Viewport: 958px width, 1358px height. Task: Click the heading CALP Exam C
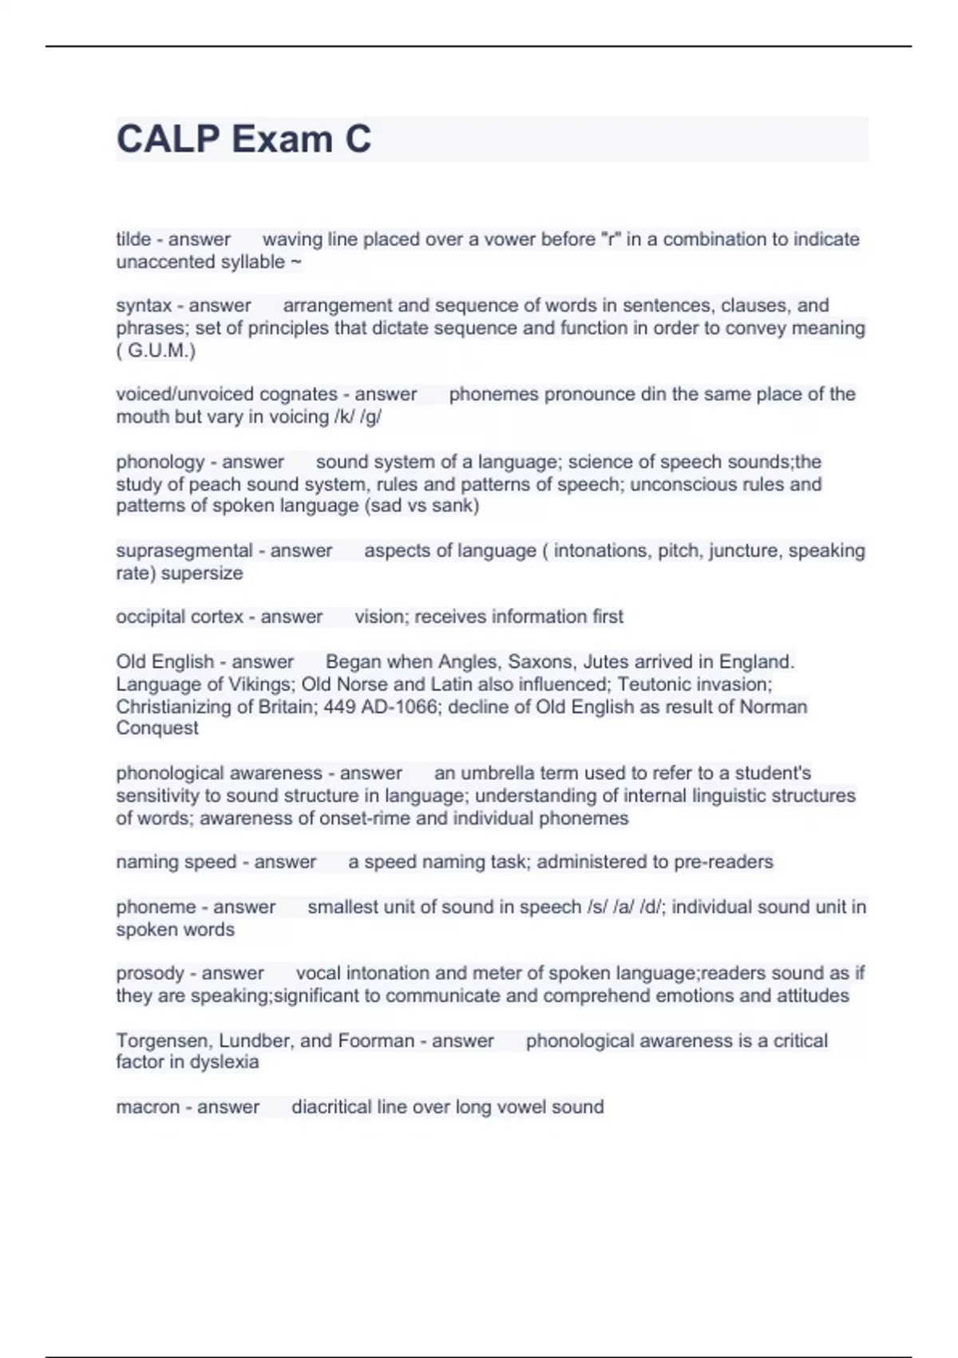pos(243,139)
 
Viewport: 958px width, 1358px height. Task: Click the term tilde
pos(133,239)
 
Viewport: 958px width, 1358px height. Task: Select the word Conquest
pos(157,728)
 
